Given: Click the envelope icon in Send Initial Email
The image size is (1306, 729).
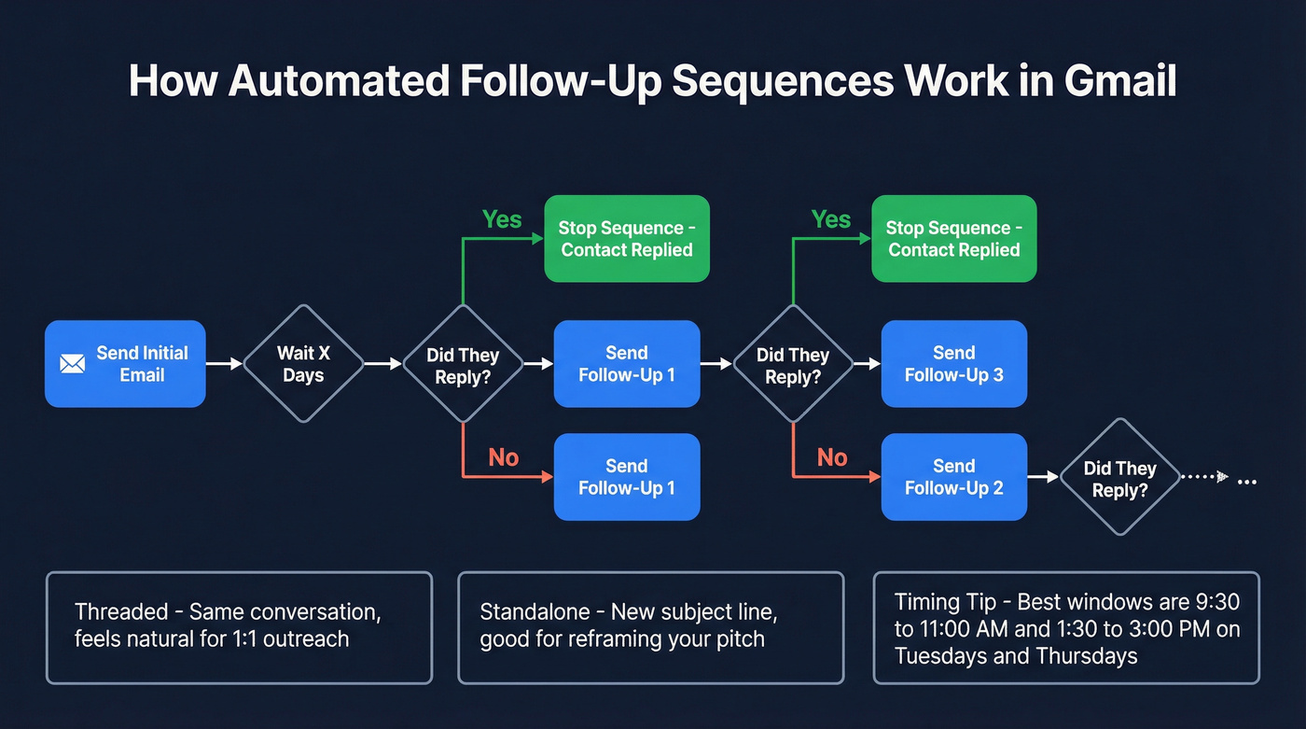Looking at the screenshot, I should coord(72,364).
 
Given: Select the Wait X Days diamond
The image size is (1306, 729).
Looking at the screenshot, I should coord(303,364).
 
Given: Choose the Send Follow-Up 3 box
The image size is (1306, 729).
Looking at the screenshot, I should coord(953,364).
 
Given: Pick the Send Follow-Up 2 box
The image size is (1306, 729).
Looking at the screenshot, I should coord(953,477).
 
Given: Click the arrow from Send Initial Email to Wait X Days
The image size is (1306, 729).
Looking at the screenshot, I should coord(224,364).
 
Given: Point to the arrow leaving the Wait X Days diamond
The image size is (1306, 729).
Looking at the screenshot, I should coord(382,364).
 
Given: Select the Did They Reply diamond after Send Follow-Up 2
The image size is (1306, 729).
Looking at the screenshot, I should coord(1119,477).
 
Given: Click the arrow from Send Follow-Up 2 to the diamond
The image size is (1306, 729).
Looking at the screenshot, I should coord(1043,477).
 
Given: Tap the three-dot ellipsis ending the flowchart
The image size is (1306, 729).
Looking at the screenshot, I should coord(1246,481).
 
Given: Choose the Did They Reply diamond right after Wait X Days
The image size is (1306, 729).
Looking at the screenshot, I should coord(463,364).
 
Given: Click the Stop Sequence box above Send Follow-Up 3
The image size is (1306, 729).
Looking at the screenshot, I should coord(953,239).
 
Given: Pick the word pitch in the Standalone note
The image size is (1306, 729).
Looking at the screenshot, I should coord(739,639).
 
